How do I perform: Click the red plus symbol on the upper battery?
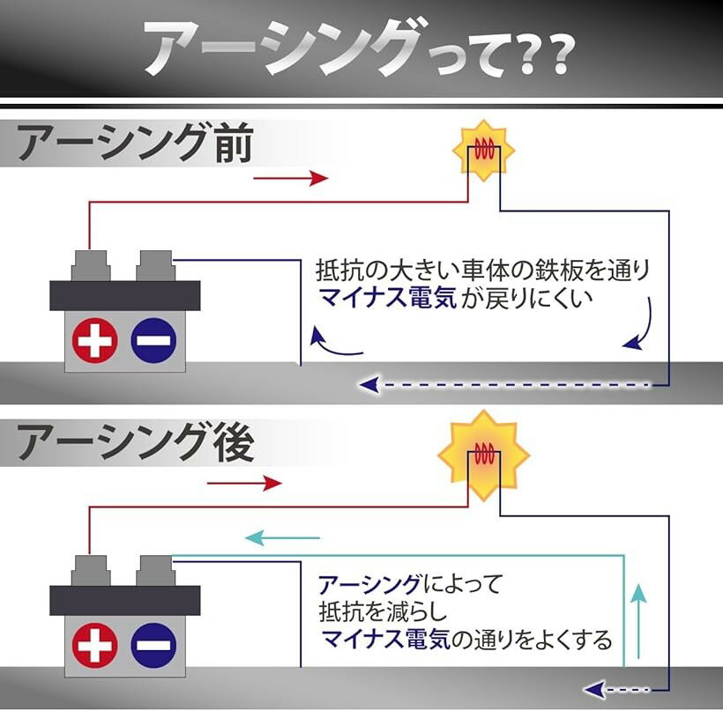(x=94, y=341)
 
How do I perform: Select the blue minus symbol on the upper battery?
(x=153, y=341)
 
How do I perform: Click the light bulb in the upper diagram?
(x=482, y=152)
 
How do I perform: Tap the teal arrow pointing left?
(x=281, y=537)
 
